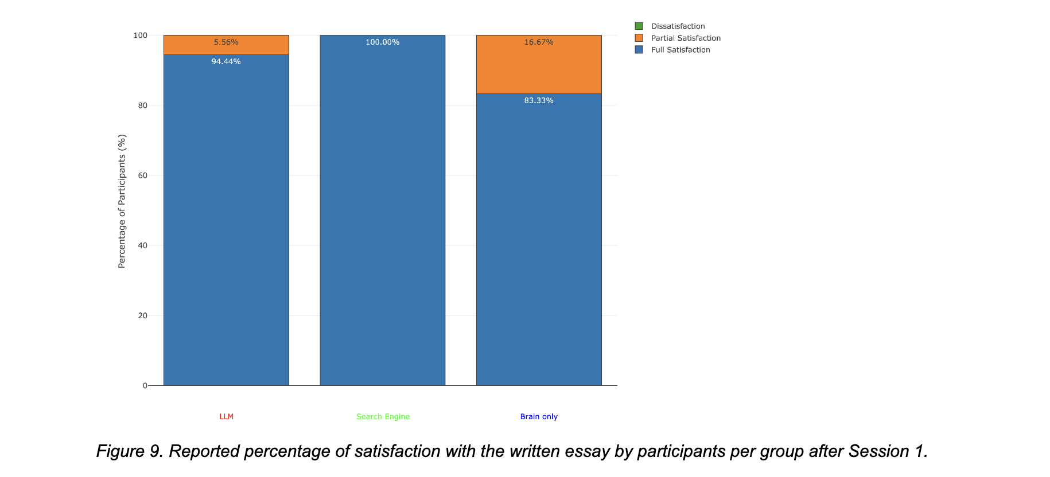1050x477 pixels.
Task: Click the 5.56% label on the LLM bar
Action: (226, 42)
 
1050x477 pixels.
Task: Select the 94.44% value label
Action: (226, 62)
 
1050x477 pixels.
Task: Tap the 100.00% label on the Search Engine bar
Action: (383, 42)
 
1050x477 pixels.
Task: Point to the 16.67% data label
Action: (539, 42)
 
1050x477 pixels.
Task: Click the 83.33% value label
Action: (539, 101)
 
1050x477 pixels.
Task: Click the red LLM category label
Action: (226, 417)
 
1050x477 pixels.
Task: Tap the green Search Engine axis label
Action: (383, 417)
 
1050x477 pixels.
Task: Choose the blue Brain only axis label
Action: (539, 417)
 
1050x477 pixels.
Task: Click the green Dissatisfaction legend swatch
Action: (639, 26)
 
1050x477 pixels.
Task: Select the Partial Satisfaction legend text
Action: (686, 38)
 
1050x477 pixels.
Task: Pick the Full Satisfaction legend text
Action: (680, 50)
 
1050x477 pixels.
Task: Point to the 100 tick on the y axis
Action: (141, 36)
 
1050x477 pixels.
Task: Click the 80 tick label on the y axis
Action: (142, 105)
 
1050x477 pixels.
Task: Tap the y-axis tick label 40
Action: (142, 245)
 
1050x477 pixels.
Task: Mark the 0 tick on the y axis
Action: (145, 386)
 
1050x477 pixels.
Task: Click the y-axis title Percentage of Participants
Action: (122, 201)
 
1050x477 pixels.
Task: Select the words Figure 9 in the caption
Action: (129, 452)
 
